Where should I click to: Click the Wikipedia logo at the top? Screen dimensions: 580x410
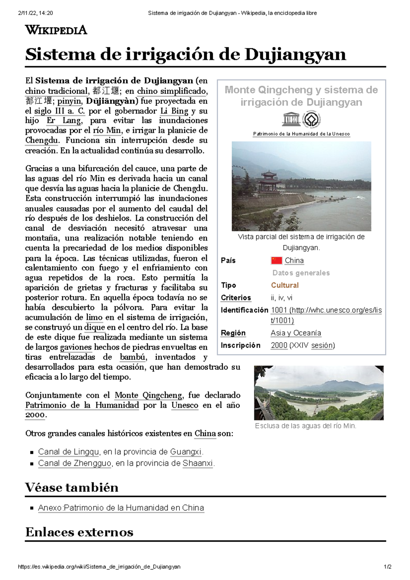click(56, 30)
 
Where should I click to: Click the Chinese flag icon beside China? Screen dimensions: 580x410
click(276, 261)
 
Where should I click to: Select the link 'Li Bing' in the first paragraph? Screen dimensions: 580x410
click(174, 111)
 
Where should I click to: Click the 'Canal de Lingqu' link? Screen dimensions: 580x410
click(68, 452)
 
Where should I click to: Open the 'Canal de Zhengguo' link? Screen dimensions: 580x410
click(74, 464)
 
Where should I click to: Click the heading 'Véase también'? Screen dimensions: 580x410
click(72, 487)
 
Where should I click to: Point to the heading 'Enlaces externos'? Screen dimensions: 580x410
click(79, 532)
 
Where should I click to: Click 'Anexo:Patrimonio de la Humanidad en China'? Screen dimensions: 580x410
click(121, 508)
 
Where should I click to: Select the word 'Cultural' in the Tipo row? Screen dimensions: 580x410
click(285, 285)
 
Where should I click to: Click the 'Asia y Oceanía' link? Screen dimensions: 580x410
click(296, 333)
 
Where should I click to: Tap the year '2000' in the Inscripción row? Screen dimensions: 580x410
click(279, 345)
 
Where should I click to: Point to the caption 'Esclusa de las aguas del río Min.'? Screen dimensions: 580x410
click(305, 426)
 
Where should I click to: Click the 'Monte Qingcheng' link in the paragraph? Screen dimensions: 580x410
click(148, 396)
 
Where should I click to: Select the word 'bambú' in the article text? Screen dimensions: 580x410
click(132, 357)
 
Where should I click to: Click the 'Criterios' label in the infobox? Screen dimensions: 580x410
click(236, 298)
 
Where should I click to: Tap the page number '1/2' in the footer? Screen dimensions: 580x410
click(387, 567)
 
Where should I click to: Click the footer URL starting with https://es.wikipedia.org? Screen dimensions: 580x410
click(99, 567)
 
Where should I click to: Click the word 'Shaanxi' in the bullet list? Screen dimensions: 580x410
click(197, 464)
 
